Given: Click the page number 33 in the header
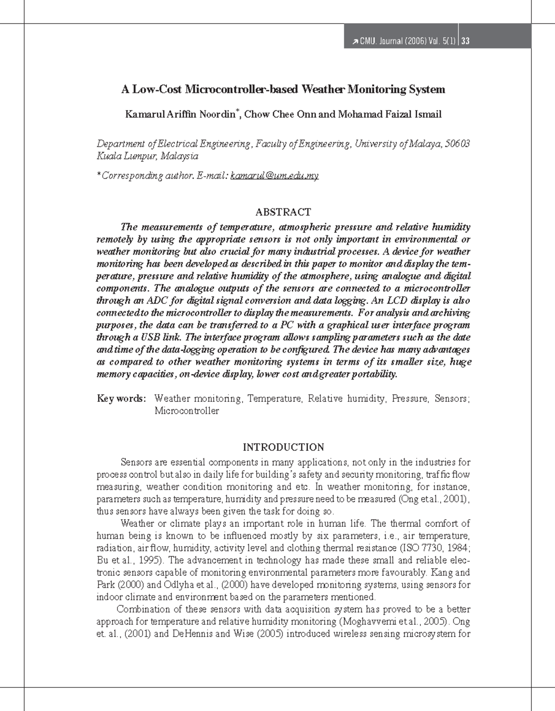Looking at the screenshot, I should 466,42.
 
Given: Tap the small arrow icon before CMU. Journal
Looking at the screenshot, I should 354,42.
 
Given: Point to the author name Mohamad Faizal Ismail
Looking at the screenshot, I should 389,114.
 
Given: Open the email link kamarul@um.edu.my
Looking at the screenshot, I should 274,176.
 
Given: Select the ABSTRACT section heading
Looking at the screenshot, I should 283,212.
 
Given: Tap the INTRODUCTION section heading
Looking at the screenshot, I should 283,447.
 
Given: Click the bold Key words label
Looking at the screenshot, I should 121,398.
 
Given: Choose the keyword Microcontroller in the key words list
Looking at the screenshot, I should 186,411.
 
